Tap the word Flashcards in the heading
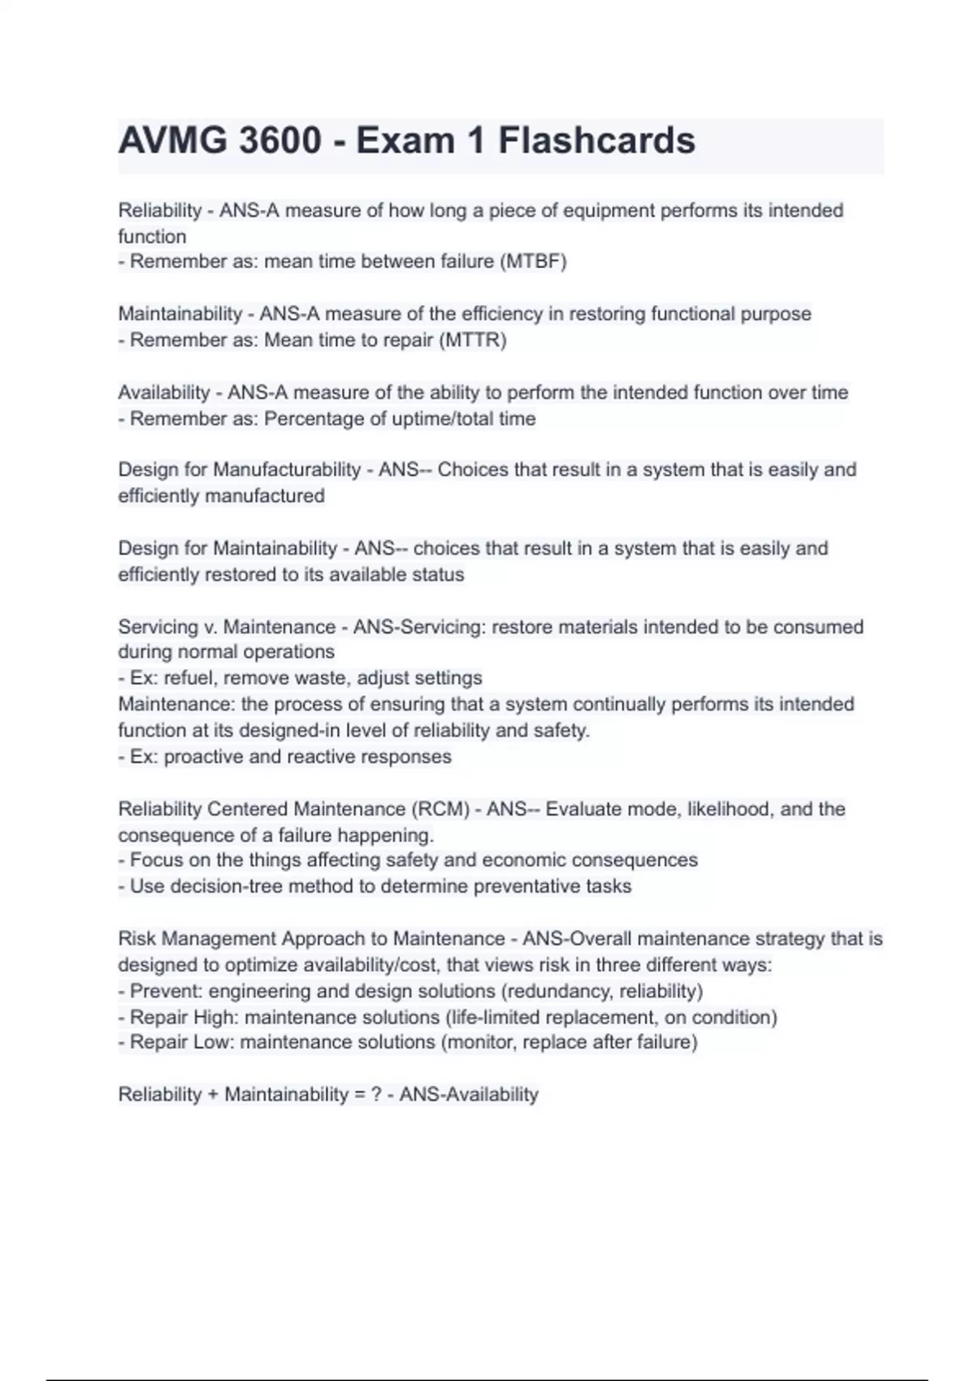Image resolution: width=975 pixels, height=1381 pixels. pyautogui.click(x=596, y=141)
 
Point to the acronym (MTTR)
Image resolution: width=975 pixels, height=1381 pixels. pyautogui.click(x=473, y=340)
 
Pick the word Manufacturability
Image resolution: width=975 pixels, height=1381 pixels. pyautogui.click(x=287, y=470)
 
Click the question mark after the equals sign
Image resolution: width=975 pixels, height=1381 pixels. pyautogui.click(x=376, y=1094)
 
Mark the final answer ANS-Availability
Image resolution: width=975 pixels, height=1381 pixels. pyautogui.click(x=469, y=1094)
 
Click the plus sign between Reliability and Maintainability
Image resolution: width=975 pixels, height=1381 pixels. pyautogui.click(x=213, y=1094)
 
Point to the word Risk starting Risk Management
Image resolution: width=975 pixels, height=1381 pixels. pyautogui.click(x=136, y=939)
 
